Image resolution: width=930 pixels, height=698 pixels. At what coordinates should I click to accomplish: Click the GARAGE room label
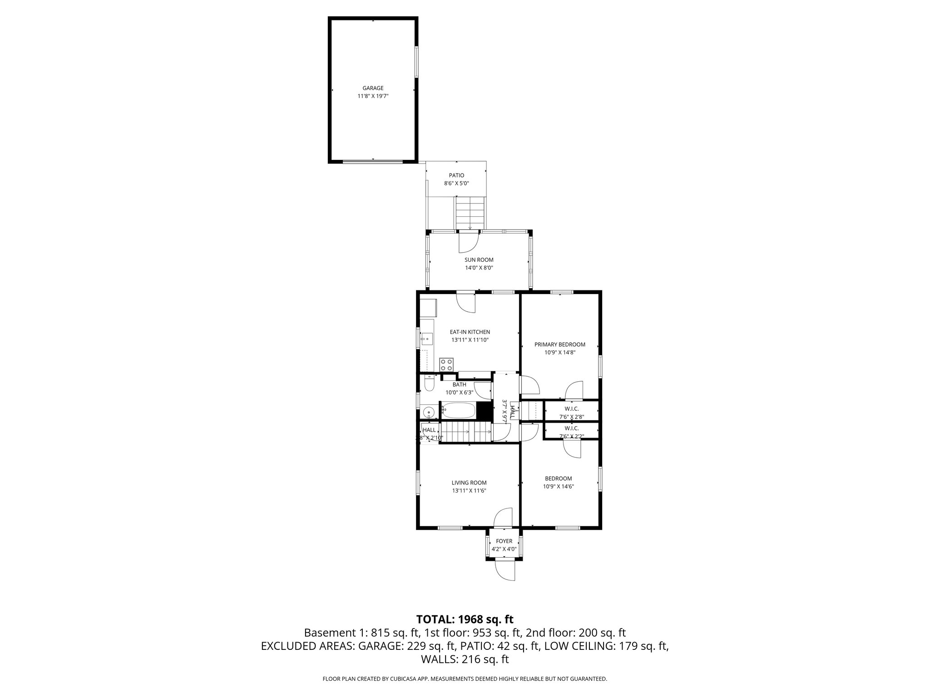(373, 88)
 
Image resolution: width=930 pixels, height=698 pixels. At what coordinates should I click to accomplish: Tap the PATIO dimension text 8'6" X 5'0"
(456, 184)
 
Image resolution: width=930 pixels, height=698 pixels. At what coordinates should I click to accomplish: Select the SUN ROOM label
(479, 260)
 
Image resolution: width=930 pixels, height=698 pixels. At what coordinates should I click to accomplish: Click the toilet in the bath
(428, 385)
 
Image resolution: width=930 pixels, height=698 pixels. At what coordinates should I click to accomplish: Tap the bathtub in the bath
(459, 411)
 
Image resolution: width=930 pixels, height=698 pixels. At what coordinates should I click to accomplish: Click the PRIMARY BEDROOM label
(559, 344)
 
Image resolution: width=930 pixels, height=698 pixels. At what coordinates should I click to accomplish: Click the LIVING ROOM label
(469, 483)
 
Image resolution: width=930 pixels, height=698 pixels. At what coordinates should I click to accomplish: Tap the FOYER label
(504, 541)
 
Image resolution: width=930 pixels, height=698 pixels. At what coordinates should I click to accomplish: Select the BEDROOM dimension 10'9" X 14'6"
(558, 486)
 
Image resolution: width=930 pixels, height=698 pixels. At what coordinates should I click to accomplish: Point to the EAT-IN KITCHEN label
(470, 332)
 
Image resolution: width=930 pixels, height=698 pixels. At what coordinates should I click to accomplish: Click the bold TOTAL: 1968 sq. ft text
(465, 619)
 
